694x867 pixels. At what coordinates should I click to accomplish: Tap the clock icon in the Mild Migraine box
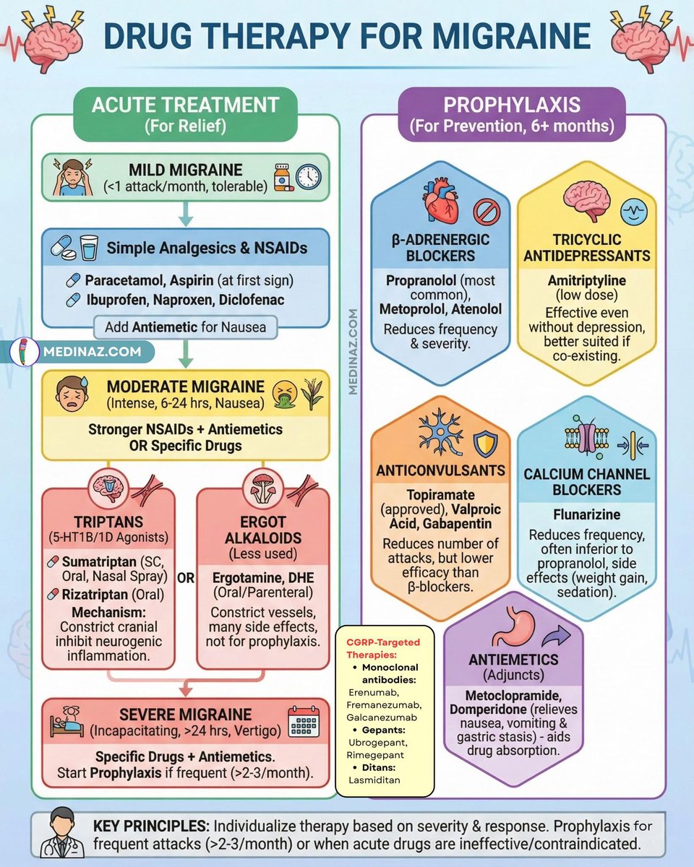[309, 177]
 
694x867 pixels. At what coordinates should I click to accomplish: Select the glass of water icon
[89, 247]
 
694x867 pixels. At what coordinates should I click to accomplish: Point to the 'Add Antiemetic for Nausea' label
[186, 327]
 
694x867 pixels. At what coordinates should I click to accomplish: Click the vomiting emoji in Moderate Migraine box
[285, 393]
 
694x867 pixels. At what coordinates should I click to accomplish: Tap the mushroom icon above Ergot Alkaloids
[263, 488]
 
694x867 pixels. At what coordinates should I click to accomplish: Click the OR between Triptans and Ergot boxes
[186, 579]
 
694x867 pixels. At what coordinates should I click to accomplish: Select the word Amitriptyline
[587, 280]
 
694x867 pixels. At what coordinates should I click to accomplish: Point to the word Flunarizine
[587, 514]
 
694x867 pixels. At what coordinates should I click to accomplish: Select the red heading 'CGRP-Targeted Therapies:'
[383, 648]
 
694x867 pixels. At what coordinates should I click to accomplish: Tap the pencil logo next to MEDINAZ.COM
[24, 352]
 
